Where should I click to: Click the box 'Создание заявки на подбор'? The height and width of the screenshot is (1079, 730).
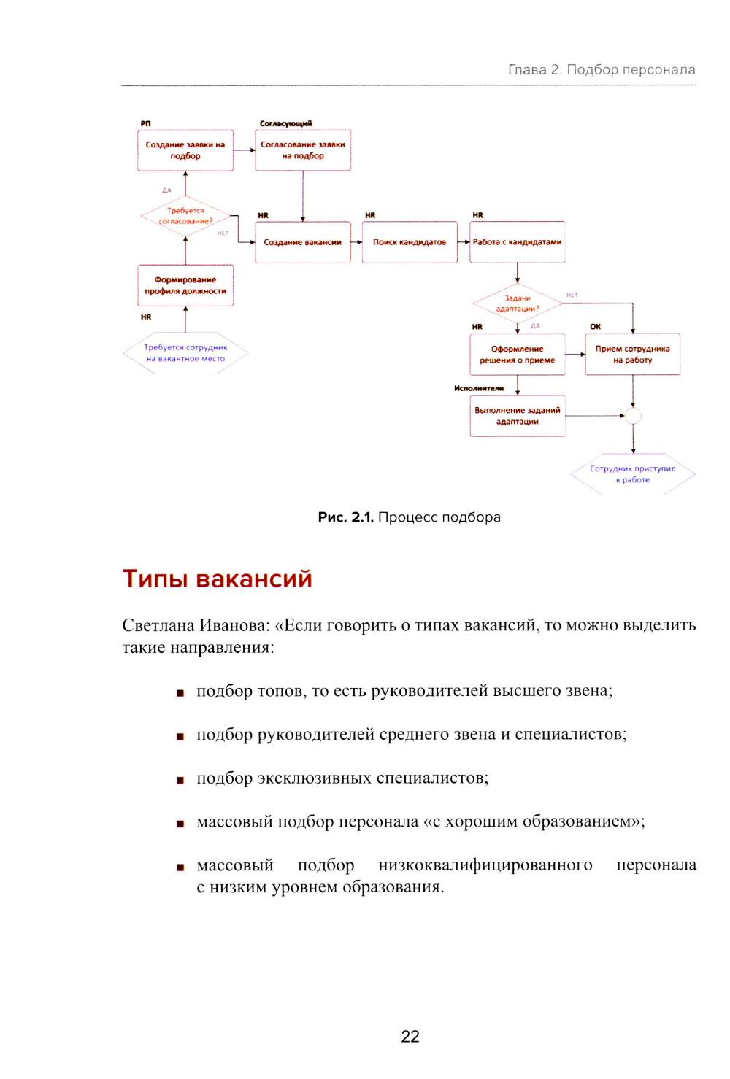tap(185, 150)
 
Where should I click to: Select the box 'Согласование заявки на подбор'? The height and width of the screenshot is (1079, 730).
tap(303, 150)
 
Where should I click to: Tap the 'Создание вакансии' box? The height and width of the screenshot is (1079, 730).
tap(302, 242)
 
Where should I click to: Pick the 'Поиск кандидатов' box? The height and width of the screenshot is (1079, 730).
tap(410, 242)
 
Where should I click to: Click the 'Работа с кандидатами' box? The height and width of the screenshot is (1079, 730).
tap(517, 242)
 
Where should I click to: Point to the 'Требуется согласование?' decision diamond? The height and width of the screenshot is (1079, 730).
tap(185, 216)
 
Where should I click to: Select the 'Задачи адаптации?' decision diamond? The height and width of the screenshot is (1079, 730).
tap(518, 303)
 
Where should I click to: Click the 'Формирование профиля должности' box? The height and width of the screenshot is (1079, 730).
tap(185, 285)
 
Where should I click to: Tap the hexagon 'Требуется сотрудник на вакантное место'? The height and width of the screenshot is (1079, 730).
tap(185, 353)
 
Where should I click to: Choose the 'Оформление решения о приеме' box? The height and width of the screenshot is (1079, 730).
tap(517, 355)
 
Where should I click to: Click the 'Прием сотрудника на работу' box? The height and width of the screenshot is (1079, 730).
tap(632, 355)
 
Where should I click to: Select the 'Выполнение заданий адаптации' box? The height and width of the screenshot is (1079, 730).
tap(517, 416)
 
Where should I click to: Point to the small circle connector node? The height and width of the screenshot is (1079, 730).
tap(633, 416)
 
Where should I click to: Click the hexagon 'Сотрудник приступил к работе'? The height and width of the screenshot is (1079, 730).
tap(633, 474)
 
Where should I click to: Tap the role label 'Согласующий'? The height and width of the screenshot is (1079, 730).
tap(286, 123)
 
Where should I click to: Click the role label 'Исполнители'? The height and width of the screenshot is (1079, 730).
tap(479, 388)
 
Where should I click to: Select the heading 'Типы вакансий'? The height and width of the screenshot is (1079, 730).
tap(217, 579)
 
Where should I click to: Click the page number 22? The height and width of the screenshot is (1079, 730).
tap(410, 1037)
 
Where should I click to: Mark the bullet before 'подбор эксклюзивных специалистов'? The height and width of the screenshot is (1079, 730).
tap(180, 780)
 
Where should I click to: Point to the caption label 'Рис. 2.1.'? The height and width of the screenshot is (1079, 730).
tap(345, 517)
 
